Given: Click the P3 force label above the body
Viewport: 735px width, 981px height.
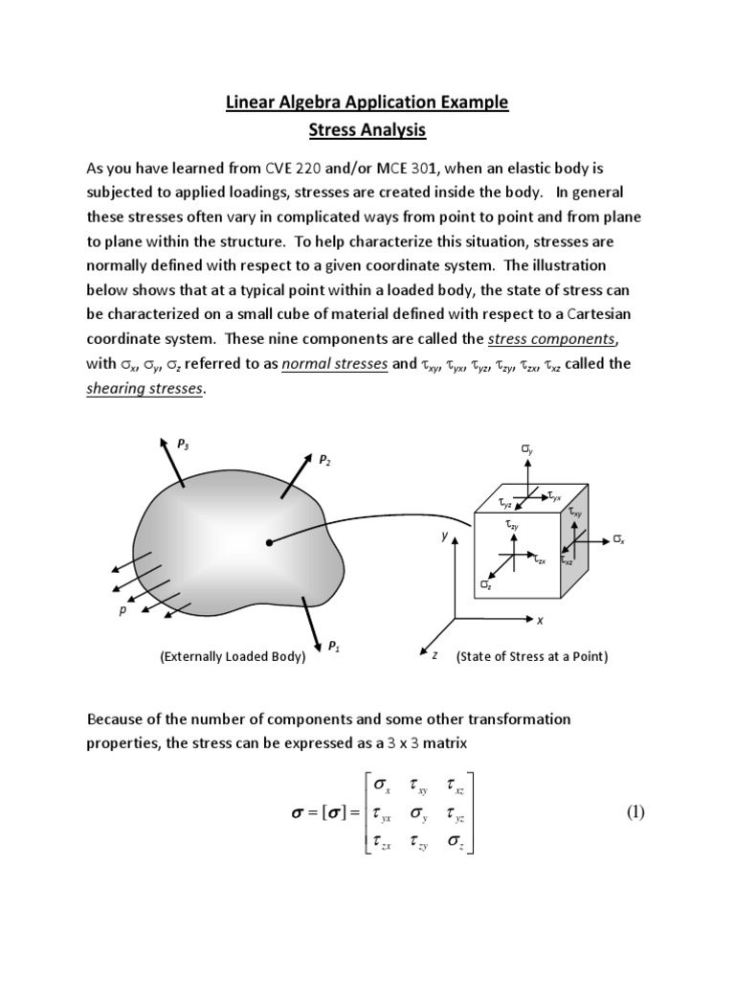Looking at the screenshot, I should pyautogui.click(x=184, y=443).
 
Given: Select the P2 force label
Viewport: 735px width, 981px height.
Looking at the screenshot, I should pyautogui.click(x=324, y=460).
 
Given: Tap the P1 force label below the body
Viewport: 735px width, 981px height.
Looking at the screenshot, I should pyautogui.click(x=333, y=647).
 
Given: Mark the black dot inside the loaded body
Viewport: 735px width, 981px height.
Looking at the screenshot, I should pyautogui.click(x=270, y=543).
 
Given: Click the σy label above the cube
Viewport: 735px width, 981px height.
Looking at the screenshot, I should pyautogui.click(x=526, y=448).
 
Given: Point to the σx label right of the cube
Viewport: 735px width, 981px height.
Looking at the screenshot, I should pyautogui.click(x=618, y=540).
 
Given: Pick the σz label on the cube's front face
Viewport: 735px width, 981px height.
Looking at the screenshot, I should pyautogui.click(x=486, y=583).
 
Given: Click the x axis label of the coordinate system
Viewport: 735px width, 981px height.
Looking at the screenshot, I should pyautogui.click(x=539, y=621).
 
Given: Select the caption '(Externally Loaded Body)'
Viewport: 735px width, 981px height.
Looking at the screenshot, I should pyautogui.click(x=233, y=657).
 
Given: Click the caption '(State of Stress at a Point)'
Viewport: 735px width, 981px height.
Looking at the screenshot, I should pyautogui.click(x=532, y=657).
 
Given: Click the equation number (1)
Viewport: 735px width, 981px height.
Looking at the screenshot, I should pyautogui.click(x=636, y=813).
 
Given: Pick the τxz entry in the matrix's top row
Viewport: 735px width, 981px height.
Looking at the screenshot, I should pyautogui.click(x=457, y=786).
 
